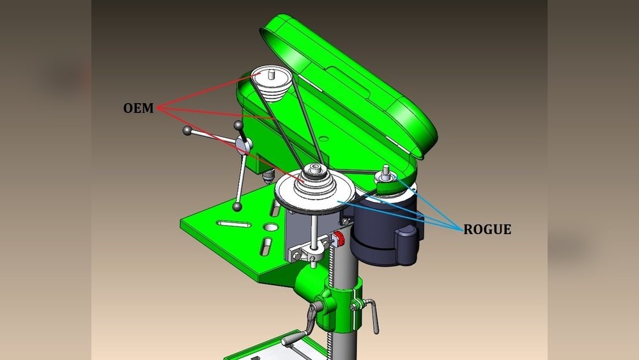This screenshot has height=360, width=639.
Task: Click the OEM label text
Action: point(139,109)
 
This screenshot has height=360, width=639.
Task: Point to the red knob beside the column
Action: point(339,239)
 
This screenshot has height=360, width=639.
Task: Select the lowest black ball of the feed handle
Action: point(238,207)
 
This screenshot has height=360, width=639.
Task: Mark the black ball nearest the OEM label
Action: point(187,131)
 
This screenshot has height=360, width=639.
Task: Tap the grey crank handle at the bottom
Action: point(295,339)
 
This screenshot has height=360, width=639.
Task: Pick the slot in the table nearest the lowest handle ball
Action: point(233,224)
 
